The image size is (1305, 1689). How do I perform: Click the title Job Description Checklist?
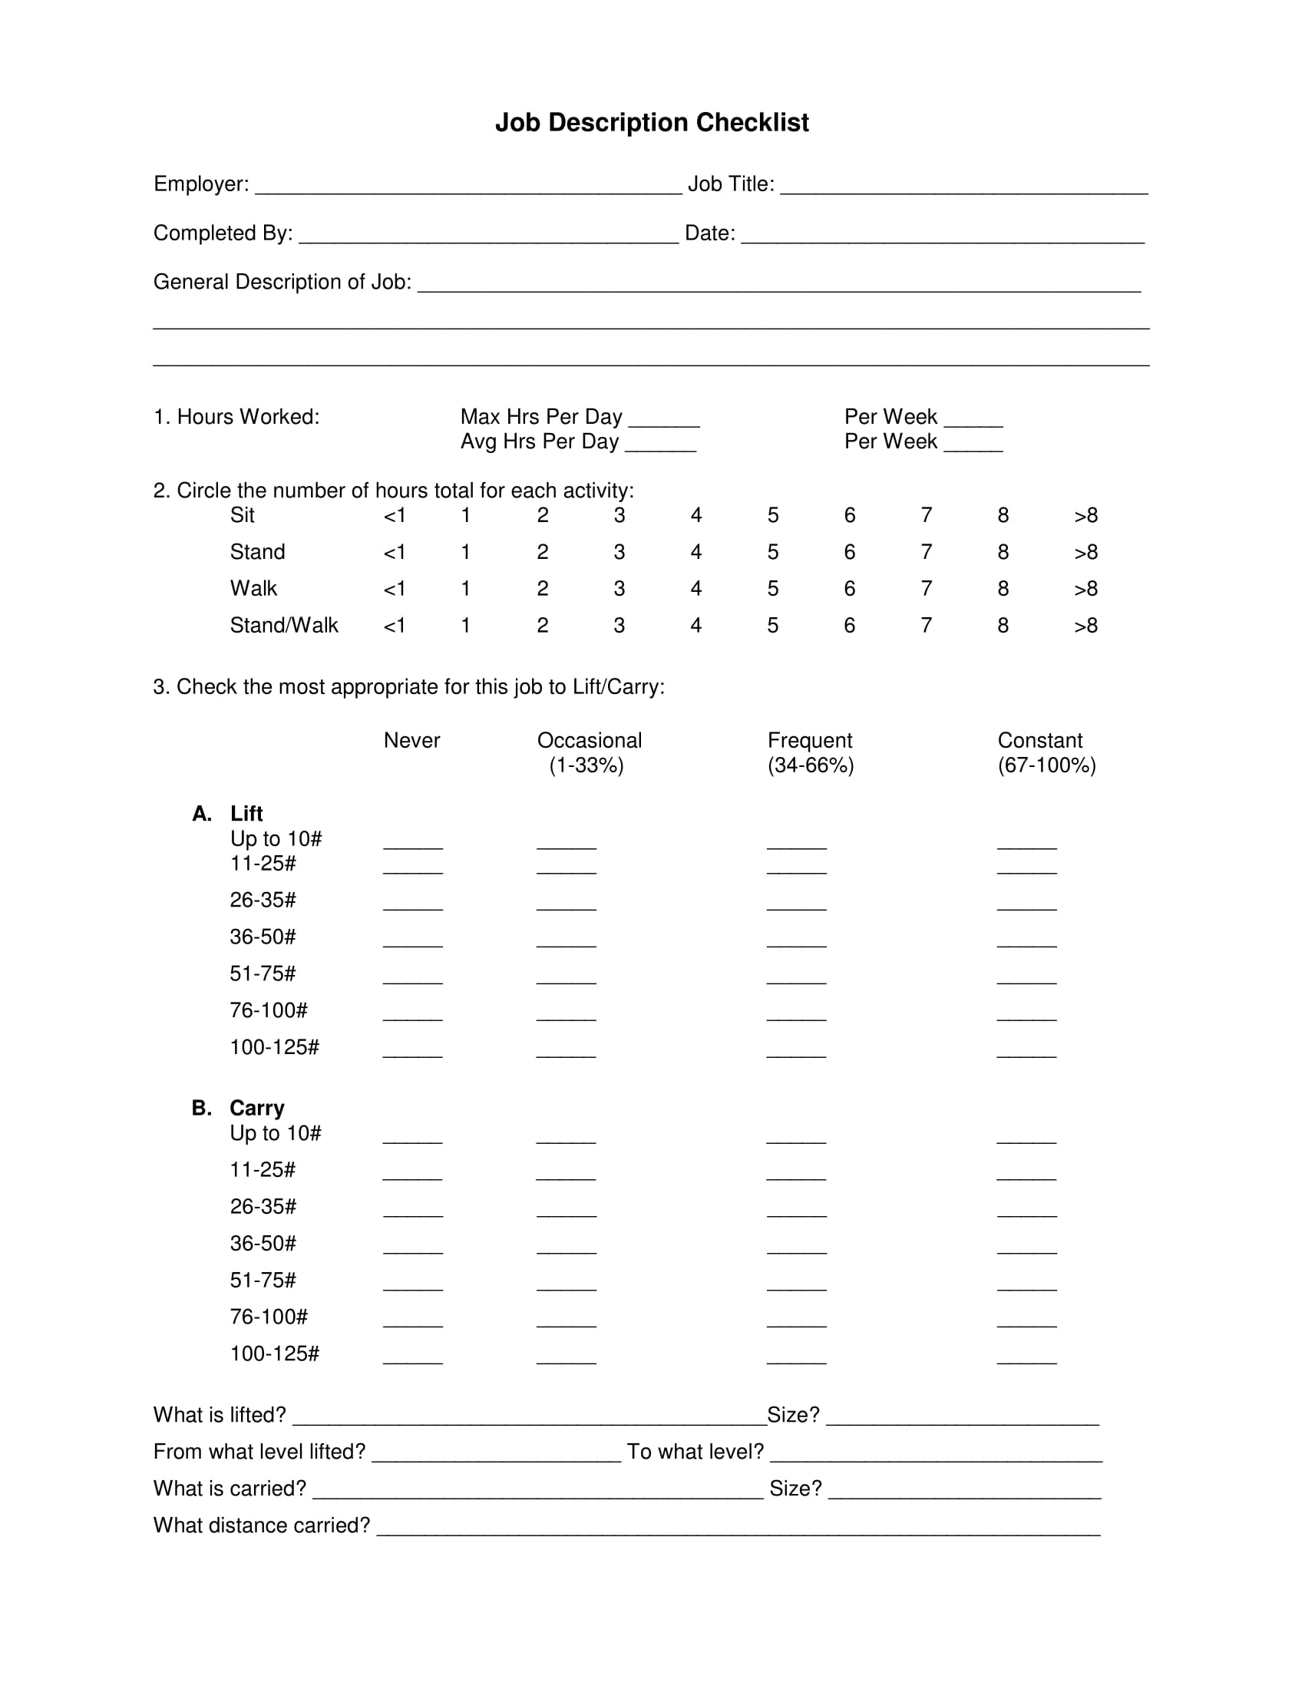(651, 122)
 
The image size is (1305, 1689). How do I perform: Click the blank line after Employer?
(467, 187)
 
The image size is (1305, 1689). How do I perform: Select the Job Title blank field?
(963, 187)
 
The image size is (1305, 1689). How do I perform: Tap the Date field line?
(942, 235)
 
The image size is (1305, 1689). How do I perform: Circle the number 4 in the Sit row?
(695, 515)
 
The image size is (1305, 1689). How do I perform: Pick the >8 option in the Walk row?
(1085, 589)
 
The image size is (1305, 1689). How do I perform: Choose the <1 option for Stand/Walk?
(395, 625)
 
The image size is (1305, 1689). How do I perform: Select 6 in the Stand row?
(849, 552)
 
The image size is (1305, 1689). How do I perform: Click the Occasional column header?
(589, 740)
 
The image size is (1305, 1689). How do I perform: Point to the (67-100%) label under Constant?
(1046, 765)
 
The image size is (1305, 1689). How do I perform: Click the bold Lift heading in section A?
(246, 814)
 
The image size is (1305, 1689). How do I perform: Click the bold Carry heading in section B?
(256, 1107)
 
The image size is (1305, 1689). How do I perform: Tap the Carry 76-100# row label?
(268, 1316)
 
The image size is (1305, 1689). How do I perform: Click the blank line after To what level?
(936, 1454)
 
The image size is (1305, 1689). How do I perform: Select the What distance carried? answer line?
(738, 1527)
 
